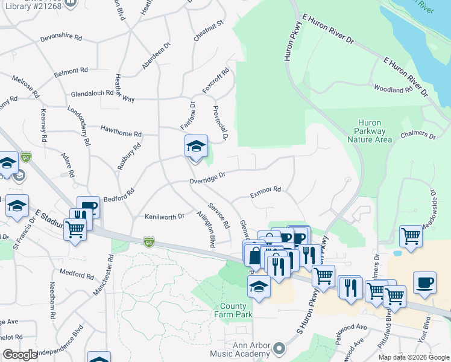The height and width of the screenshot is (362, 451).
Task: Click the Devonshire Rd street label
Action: coord(61,37)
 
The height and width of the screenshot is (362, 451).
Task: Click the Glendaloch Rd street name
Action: coord(92,94)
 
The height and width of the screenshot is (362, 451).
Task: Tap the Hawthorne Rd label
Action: coord(121,134)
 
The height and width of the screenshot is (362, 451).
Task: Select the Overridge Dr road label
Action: coord(207,177)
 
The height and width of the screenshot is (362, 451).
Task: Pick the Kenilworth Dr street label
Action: coord(164,216)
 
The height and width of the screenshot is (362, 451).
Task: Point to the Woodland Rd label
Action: coord(393,90)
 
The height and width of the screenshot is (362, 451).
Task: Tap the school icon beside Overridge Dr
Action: coord(196,147)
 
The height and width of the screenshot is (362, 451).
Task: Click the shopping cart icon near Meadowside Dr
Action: coord(411,237)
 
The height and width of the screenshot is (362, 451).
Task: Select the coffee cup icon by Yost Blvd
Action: coord(424,283)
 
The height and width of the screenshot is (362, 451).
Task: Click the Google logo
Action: coord(19,354)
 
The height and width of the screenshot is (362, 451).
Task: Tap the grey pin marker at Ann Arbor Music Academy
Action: coord(279,349)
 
